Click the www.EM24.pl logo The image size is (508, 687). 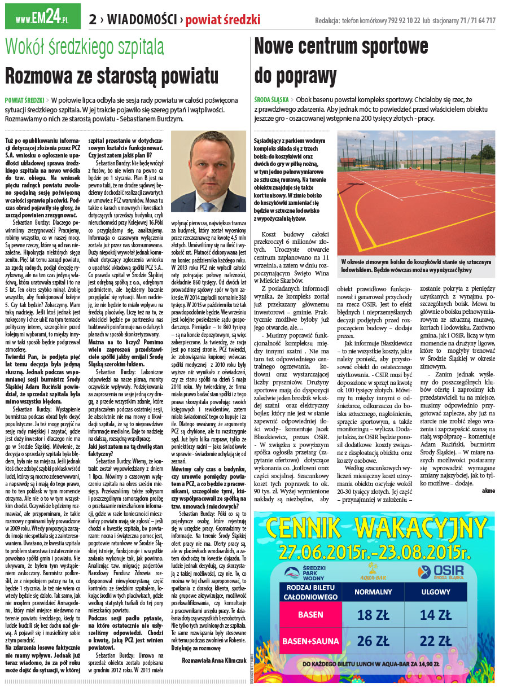point(42,16)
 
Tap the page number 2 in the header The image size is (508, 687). point(93,20)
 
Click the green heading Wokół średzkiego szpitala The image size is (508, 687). point(85,46)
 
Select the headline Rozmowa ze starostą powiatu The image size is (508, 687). point(112,75)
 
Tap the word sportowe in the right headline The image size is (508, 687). point(376,46)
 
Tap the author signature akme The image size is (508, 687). point(488,491)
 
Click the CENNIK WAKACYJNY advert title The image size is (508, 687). point(375,528)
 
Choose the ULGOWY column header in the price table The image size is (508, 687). point(436,592)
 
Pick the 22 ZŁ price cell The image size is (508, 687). point(436,640)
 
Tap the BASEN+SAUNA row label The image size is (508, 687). point(310,641)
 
